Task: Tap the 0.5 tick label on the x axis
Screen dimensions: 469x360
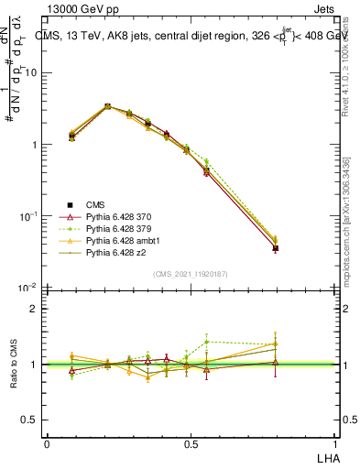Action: pyautogui.click(x=191, y=444)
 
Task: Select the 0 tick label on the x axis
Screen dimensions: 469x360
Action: pyautogui.click(x=47, y=444)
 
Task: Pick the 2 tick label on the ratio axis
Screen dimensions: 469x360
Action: pyautogui.click(x=35, y=309)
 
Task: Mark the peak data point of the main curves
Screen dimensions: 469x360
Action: pyautogui.click(x=108, y=106)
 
